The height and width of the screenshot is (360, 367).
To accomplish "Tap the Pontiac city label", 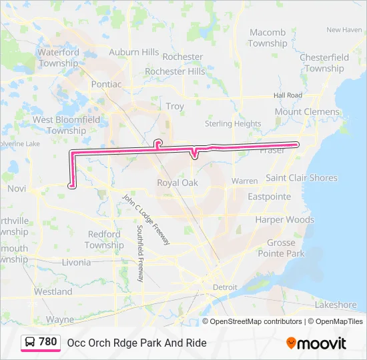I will click(107, 85).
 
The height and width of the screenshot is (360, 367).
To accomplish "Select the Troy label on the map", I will click(175, 107).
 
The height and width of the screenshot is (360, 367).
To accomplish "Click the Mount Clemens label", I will click(307, 112).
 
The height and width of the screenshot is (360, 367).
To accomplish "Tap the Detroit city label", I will click(225, 287).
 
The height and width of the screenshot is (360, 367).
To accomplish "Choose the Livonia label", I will click(76, 262).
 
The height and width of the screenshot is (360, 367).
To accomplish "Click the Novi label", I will click(16, 189).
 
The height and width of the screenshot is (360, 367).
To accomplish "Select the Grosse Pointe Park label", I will click(286, 248).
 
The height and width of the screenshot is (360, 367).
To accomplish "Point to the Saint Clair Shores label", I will click(302, 178).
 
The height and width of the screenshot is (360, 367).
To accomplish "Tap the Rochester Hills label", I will click(175, 71).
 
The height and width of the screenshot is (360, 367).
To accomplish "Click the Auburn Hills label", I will click(134, 52).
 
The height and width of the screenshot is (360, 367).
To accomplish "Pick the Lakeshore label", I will click(336, 305).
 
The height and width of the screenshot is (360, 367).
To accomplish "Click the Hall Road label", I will click(288, 95).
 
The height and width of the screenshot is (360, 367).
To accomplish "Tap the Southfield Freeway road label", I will click(140, 253).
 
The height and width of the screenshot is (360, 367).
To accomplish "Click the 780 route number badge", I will click(47, 342).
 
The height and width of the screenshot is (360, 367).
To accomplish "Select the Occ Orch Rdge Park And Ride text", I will click(137, 343).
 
